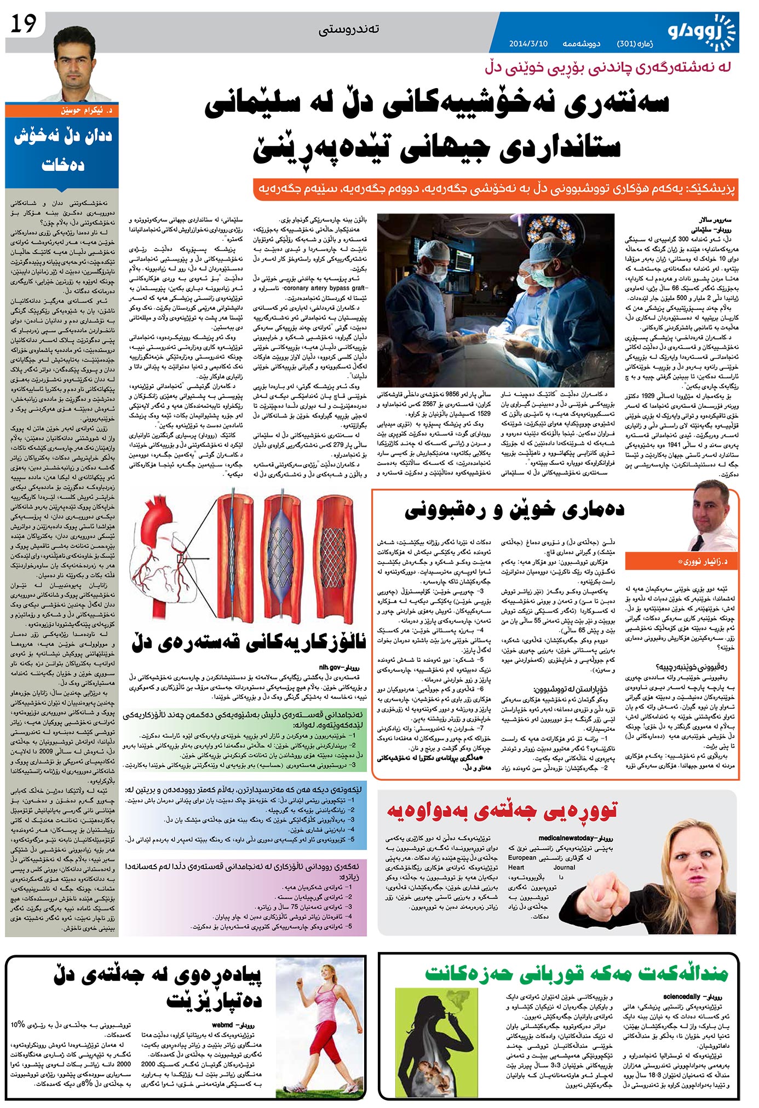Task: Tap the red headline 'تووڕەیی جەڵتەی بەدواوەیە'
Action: (x=502, y=811)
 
